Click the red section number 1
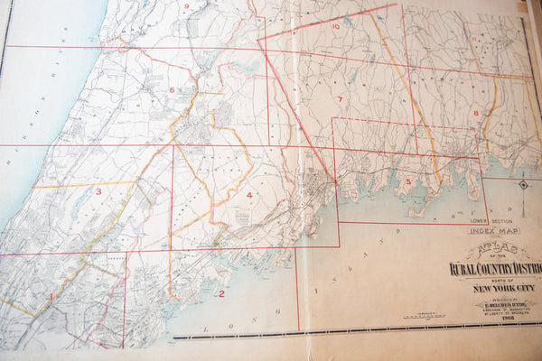[x=51, y=296]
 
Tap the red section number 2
[x=221, y=293]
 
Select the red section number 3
[x=98, y=191]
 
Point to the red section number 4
[x=248, y=195]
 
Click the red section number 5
[x=408, y=181]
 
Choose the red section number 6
[x=171, y=90]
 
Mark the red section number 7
[x=341, y=98]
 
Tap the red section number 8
[x=475, y=113]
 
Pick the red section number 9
[x=186, y=6]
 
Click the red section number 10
[x=335, y=26]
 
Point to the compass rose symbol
[x=522, y=185]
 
